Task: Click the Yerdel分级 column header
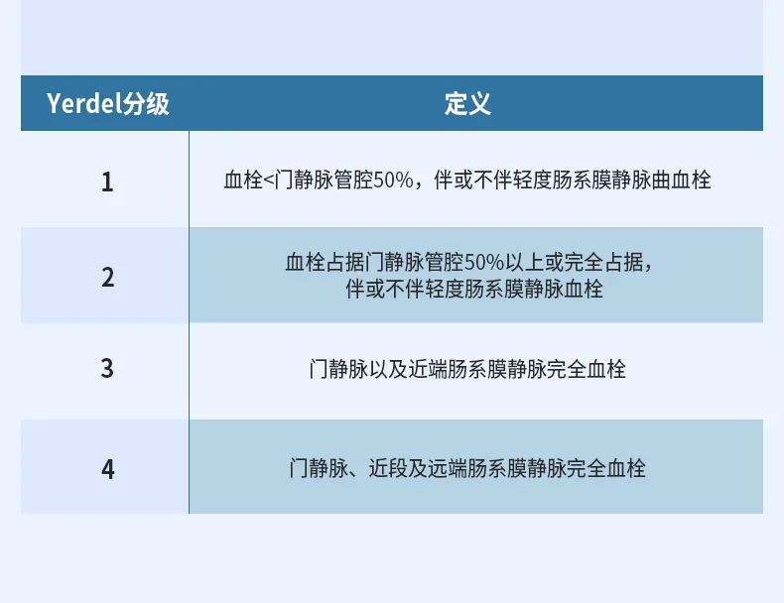click(108, 104)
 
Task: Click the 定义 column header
click(467, 104)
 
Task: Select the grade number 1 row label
click(107, 181)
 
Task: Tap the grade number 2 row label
click(107, 278)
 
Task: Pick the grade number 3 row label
click(107, 369)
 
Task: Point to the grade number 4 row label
click(107, 470)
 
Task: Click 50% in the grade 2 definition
click(484, 262)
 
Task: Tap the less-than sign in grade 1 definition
click(269, 181)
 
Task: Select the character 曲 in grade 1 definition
click(661, 180)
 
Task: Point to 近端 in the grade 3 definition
click(428, 369)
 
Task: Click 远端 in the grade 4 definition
click(447, 468)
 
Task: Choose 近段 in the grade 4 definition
click(388, 468)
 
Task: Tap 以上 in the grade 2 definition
click(525, 262)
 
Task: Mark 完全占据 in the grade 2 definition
click(604, 262)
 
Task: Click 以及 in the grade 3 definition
click(388, 369)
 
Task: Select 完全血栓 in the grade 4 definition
click(605, 468)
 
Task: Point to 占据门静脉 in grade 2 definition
click(375, 262)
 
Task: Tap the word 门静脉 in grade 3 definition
click(338, 369)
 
